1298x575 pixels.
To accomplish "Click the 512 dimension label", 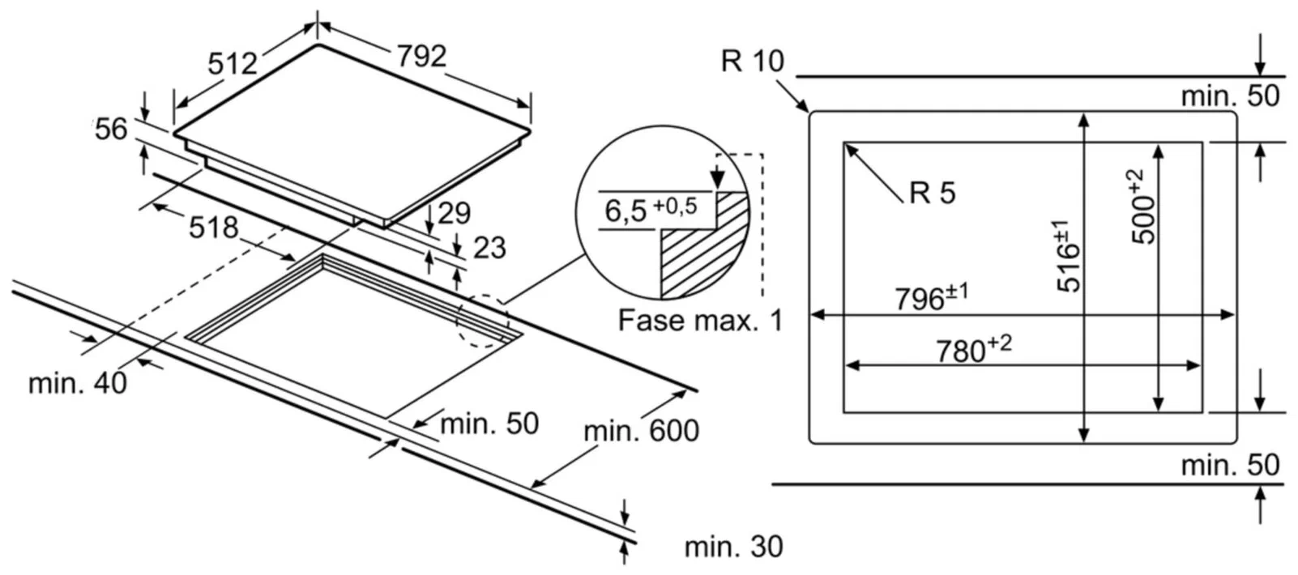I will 233,63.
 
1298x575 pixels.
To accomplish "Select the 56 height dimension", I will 111,129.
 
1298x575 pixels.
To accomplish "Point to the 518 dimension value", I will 214,228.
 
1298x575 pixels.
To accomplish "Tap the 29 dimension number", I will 454,213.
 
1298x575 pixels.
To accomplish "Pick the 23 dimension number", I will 489,248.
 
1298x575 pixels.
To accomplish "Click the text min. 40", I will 78,383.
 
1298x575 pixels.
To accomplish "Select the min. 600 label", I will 641,431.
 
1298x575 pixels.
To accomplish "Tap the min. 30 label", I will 733,547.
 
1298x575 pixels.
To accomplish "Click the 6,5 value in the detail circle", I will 626,211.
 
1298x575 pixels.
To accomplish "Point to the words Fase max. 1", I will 700,321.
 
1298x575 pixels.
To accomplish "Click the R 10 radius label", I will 753,61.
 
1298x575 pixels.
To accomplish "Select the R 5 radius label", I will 933,193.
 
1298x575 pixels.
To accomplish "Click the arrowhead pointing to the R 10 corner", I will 804,107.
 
